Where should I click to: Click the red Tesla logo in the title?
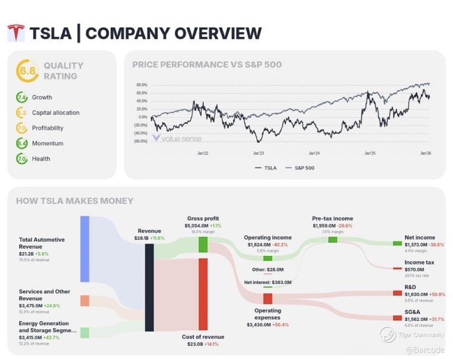click(x=16, y=33)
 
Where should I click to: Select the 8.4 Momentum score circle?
click(x=22, y=143)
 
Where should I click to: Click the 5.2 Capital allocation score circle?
click(x=22, y=113)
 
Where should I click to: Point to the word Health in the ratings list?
click(x=41, y=159)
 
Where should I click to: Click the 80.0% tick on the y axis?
click(x=142, y=85)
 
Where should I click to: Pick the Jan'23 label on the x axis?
click(x=258, y=153)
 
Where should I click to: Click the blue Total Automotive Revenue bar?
click(x=85, y=249)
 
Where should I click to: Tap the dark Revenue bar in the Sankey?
click(x=149, y=287)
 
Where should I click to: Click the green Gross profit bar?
click(x=203, y=244)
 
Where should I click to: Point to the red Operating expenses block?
click(x=267, y=299)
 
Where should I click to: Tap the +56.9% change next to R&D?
click(x=438, y=294)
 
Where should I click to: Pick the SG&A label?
click(x=412, y=312)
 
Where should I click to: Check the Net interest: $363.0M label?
click(x=267, y=282)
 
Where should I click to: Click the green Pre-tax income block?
click(x=333, y=239)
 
